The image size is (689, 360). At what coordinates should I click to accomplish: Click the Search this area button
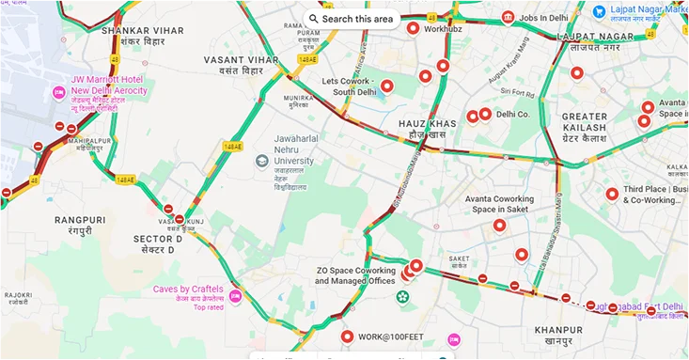click(x=350, y=18)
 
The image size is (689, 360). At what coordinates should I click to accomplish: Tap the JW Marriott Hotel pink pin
click(x=58, y=92)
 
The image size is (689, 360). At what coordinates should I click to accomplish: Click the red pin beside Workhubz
click(x=413, y=28)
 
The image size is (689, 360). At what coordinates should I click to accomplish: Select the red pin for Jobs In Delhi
click(x=509, y=17)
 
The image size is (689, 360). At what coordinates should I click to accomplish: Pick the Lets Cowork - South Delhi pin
click(x=386, y=86)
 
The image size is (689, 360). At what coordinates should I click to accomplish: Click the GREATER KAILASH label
click(x=585, y=122)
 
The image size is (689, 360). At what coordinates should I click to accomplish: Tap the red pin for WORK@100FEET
click(x=347, y=336)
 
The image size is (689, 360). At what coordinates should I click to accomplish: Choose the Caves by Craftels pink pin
click(x=236, y=296)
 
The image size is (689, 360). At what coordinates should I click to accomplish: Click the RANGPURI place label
click(x=73, y=225)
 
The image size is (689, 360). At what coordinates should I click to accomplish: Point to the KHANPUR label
click(x=558, y=335)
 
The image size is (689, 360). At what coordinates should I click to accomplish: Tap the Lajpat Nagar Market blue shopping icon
click(x=599, y=10)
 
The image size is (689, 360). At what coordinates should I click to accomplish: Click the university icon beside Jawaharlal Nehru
click(x=262, y=161)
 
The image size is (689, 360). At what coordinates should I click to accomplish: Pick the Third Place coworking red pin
click(x=612, y=194)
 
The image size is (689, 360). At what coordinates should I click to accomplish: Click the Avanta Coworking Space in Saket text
click(x=499, y=204)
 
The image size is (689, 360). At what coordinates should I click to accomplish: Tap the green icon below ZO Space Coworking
click(x=402, y=298)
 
